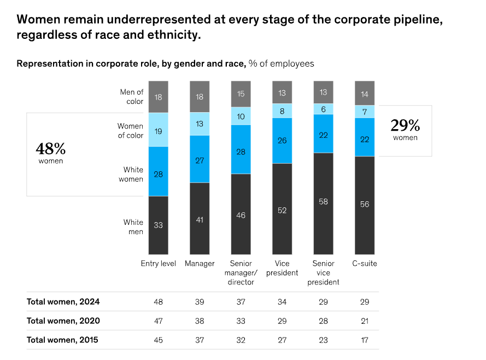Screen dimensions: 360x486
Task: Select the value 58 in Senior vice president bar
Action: [323, 202]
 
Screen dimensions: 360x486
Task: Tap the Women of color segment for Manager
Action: [199, 124]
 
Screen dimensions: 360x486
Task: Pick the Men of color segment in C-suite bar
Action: [365, 95]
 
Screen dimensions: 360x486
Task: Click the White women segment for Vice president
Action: [282, 141]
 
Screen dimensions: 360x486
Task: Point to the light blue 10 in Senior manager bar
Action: [241, 117]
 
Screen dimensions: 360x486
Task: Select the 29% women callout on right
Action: [405, 130]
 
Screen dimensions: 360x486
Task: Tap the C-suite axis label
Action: [364, 264]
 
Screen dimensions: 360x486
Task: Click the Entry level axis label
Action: [158, 264]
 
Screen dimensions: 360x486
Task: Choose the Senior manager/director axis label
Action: [241, 272]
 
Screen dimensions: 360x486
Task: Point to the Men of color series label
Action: [132, 97]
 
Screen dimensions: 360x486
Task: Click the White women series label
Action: [133, 175]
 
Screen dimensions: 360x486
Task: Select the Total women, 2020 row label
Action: [63, 321]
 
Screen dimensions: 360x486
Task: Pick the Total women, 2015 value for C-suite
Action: [364, 340]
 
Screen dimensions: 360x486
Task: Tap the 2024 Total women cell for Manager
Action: [199, 302]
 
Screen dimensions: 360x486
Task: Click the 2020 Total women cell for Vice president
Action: [282, 321]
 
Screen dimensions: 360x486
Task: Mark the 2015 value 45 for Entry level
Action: [158, 340]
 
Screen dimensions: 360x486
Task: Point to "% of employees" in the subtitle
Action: [281, 63]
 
